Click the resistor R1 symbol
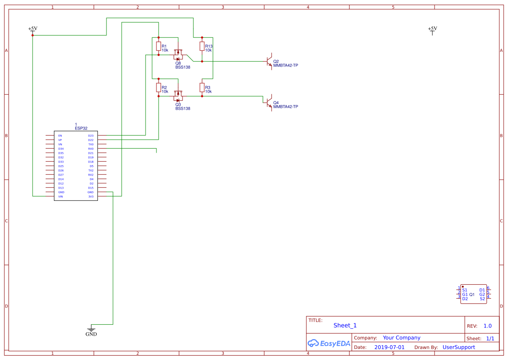click(159, 47)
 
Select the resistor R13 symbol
click(202, 47)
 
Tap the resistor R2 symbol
click(159, 88)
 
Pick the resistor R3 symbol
click(202, 88)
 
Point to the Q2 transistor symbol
click(269, 62)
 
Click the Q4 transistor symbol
click(269, 103)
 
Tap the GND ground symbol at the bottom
click(91, 330)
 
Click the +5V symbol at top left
click(33, 30)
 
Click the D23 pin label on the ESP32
click(91, 136)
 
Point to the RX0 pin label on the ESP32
click(91, 149)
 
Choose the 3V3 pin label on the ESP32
click(91, 197)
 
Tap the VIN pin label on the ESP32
click(60, 197)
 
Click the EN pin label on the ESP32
click(60, 136)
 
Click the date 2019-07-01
click(389, 347)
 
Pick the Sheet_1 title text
click(345, 325)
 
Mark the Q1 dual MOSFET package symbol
click(474, 294)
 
